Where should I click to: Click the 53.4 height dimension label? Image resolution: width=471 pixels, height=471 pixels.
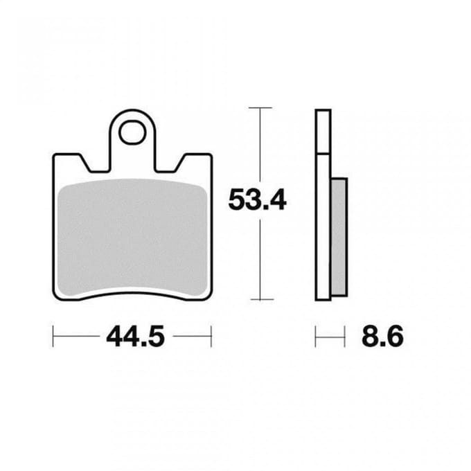(258, 199)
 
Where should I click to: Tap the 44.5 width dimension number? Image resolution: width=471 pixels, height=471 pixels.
(136, 337)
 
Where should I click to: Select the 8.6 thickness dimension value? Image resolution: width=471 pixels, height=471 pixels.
(382, 337)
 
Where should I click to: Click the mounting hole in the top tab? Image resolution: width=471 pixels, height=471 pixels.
(132, 132)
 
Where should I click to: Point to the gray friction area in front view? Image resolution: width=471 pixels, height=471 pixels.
(132, 238)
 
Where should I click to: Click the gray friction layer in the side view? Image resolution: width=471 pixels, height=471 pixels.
(339, 237)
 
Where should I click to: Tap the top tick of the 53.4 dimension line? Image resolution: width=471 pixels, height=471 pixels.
(260, 107)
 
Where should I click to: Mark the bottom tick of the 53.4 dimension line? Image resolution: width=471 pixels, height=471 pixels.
(262, 299)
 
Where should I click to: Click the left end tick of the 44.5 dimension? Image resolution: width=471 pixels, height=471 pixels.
(53, 336)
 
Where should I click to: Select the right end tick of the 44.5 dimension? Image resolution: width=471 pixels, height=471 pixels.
(211, 336)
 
